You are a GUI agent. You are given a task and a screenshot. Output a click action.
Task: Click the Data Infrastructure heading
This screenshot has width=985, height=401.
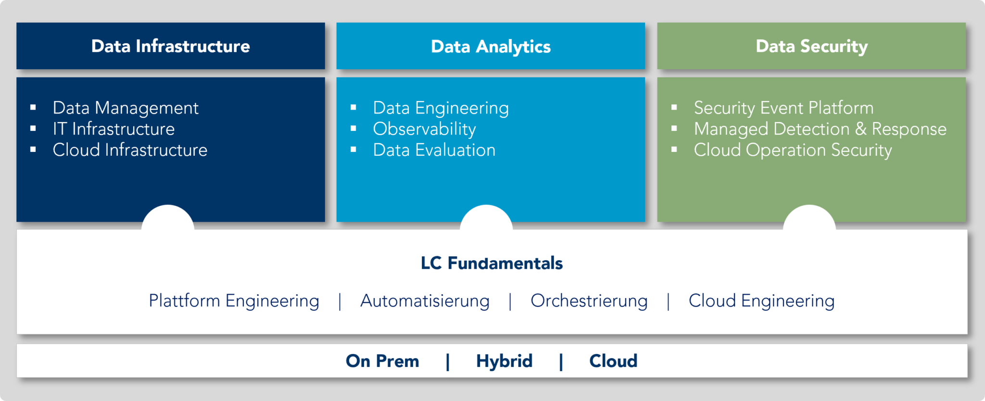[171, 46]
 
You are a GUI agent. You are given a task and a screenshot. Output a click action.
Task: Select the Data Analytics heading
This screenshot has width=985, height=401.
[491, 47]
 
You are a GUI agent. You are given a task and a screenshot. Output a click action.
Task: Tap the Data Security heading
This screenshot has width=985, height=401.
[812, 47]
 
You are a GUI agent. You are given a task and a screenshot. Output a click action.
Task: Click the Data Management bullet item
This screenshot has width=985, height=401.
[126, 108]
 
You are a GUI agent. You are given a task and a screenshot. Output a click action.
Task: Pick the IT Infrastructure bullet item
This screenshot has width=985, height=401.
[114, 129]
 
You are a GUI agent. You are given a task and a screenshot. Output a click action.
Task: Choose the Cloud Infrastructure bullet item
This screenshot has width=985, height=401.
[130, 150]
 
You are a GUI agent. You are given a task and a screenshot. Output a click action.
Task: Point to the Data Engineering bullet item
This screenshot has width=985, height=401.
[441, 108]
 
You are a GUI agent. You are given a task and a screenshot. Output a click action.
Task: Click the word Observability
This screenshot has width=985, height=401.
[425, 129]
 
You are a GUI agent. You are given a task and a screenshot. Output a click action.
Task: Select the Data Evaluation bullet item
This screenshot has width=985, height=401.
[434, 150]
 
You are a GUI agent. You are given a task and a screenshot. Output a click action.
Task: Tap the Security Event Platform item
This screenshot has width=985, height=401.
[784, 108]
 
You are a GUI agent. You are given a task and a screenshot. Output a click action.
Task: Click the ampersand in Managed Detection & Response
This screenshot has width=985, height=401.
[861, 129]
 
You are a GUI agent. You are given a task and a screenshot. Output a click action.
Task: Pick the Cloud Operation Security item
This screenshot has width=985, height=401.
[793, 150]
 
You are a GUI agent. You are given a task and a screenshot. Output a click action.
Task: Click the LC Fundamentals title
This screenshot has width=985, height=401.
[492, 263]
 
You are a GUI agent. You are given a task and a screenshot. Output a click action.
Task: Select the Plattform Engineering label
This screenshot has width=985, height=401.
[234, 301]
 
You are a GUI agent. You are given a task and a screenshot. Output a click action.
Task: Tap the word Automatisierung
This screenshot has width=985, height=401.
[425, 301]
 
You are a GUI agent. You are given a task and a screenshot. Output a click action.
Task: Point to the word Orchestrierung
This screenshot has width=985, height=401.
[589, 301]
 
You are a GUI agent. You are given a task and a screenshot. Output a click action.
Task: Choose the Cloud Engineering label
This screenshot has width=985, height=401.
[762, 301]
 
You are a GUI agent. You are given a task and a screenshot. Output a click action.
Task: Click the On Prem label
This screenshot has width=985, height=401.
[382, 361]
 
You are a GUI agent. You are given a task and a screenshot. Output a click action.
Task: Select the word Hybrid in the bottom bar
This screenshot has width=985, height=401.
[505, 361]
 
